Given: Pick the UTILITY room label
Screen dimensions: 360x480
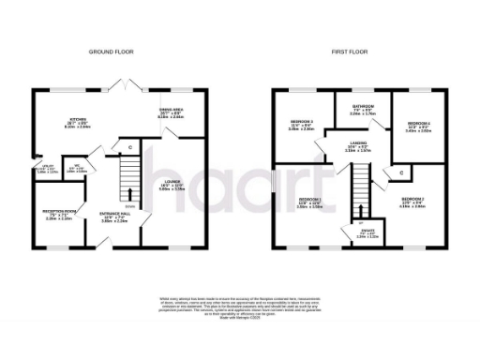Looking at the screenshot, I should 46,168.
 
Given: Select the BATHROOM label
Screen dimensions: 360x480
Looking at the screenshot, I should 361,107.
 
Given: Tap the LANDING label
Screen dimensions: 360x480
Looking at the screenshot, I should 360,143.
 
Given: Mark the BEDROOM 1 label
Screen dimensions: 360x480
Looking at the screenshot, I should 309,201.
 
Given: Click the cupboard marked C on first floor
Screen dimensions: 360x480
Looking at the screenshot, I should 401,172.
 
